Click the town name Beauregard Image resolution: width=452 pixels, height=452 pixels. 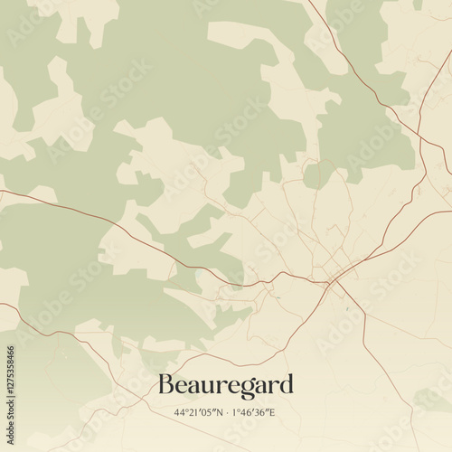tap(225, 385)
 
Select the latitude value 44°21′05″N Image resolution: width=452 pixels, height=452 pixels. tap(200, 413)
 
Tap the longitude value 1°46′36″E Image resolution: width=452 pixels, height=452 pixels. tap(254, 413)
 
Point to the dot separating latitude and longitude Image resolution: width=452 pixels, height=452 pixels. tap(226, 413)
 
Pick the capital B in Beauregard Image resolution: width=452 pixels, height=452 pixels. tap(166, 385)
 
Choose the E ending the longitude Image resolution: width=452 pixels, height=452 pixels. tap(272, 413)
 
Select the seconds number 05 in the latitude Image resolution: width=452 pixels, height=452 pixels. tap(207, 413)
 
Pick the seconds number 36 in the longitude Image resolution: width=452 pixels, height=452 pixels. tap(261, 413)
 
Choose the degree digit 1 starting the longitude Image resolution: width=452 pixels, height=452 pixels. tap(237, 413)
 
